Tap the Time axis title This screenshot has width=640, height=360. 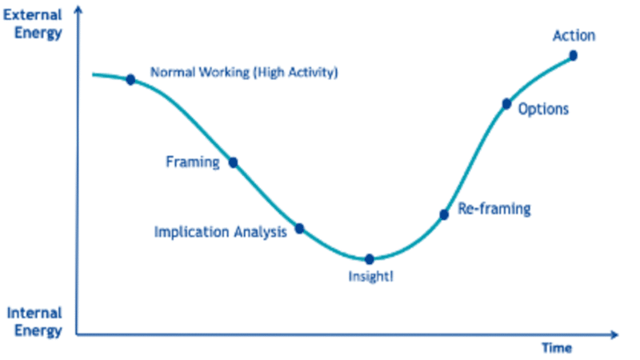557,348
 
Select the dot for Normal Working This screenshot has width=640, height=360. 130,79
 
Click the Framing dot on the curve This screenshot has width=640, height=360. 234,162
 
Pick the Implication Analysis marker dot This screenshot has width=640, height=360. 299,229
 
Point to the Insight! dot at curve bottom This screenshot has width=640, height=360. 370,259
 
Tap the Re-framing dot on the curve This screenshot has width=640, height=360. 444,214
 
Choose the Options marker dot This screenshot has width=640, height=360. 506,104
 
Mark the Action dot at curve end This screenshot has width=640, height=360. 574,55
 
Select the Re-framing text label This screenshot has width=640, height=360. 494,210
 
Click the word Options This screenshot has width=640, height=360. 543,110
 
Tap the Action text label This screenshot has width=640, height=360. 574,36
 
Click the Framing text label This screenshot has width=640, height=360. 192,162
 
